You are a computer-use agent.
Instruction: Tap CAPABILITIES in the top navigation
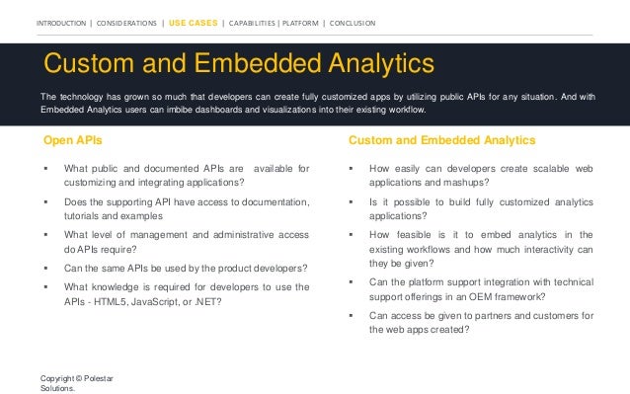pyautogui.click(x=258, y=23)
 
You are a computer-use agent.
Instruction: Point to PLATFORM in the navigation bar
pyautogui.click(x=307, y=23)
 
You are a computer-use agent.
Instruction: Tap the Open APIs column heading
pyautogui.click(x=72, y=140)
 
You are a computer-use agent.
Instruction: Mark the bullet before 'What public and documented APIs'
pyautogui.click(x=45, y=170)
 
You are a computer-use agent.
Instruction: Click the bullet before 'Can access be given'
pyautogui.click(x=352, y=316)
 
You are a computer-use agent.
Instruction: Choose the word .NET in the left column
pyautogui.click(x=206, y=301)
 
